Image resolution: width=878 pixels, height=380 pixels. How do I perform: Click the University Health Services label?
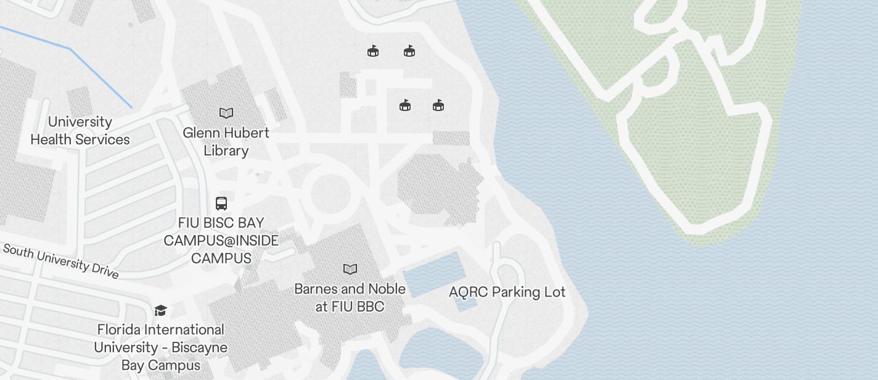[x=80, y=131]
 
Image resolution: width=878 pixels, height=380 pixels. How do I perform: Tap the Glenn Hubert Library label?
[x=226, y=142]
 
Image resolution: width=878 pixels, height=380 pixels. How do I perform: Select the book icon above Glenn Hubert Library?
[x=226, y=113]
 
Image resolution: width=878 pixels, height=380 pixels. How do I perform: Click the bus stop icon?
[x=221, y=203]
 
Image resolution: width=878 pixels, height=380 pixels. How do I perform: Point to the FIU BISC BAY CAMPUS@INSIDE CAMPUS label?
[x=221, y=241]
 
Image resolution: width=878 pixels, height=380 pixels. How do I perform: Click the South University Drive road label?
[x=60, y=260]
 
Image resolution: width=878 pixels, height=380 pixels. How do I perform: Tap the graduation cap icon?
[x=160, y=310]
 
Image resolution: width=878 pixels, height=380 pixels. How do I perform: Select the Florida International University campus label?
[x=160, y=347]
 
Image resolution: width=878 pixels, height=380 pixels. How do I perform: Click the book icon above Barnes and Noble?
[x=350, y=269]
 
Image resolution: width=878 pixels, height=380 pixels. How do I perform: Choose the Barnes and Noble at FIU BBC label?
[x=350, y=297]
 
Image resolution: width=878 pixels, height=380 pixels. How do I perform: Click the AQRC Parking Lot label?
[x=507, y=292]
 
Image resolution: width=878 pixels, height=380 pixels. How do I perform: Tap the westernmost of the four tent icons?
[x=373, y=51]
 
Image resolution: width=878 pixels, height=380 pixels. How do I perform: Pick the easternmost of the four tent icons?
[x=438, y=105]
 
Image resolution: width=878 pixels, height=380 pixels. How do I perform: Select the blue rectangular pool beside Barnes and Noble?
[x=433, y=275]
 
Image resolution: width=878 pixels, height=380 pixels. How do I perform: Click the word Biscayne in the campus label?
[x=195, y=347]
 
